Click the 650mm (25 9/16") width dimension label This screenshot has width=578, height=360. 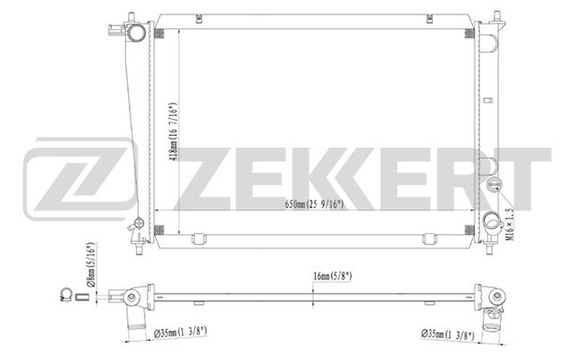point(314,204)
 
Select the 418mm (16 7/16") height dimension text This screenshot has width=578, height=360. point(173,131)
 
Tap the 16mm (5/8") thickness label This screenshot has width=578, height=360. point(332,276)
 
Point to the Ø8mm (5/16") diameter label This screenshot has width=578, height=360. point(91,264)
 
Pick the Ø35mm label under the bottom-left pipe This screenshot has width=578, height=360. point(181,333)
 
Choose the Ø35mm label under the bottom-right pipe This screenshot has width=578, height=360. point(447,336)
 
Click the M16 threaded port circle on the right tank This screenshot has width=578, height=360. point(493,184)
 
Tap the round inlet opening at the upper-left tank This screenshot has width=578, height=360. point(137,33)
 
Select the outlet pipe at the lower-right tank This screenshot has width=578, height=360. point(492,222)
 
